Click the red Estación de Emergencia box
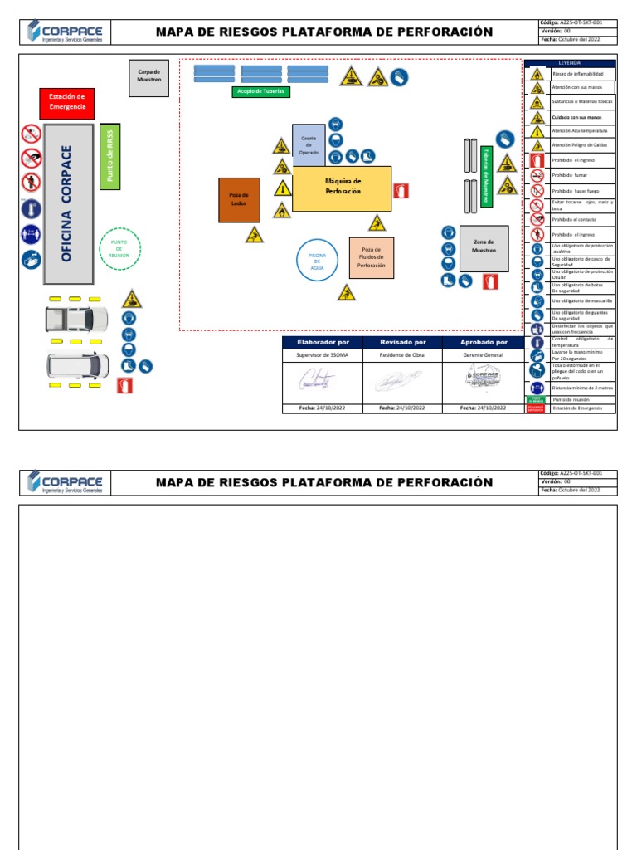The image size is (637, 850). [x=67, y=102]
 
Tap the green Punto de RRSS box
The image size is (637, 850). [x=109, y=156]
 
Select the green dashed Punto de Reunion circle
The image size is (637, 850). [x=119, y=249]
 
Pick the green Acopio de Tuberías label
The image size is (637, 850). [x=260, y=91]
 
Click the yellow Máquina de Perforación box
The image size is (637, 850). [x=342, y=188]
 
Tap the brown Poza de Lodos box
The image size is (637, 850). [x=239, y=199]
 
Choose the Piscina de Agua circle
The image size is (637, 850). [x=317, y=260]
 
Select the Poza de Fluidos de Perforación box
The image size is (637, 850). [x=371, y=257]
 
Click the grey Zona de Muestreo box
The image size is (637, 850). [x=484, y=247]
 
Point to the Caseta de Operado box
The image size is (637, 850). [x=309, y=144]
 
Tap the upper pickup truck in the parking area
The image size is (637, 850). [x=76, y=318]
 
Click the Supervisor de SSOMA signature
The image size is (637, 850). [x=318, y=380]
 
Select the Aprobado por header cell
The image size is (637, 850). [x=484, y=342]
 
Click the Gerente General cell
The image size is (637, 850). [x=484, y=354]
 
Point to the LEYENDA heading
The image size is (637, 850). [x=570, y=63]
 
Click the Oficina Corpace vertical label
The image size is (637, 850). [x=67, y=203]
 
